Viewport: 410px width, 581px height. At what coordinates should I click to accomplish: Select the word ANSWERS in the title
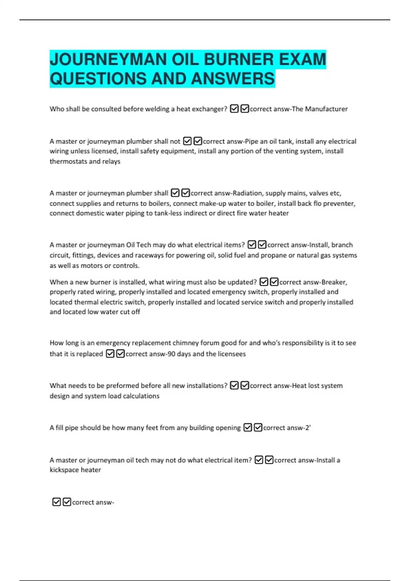pos(233,79)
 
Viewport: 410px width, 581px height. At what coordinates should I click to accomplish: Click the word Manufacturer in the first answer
pos(326,109)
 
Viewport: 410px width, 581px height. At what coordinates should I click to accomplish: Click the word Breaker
pos(335,282)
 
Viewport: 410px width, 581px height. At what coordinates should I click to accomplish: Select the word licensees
pos(232,354)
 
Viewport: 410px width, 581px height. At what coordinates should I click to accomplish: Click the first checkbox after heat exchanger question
pos(234,109)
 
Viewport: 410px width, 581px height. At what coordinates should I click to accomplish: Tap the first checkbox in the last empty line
pos(56,502)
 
